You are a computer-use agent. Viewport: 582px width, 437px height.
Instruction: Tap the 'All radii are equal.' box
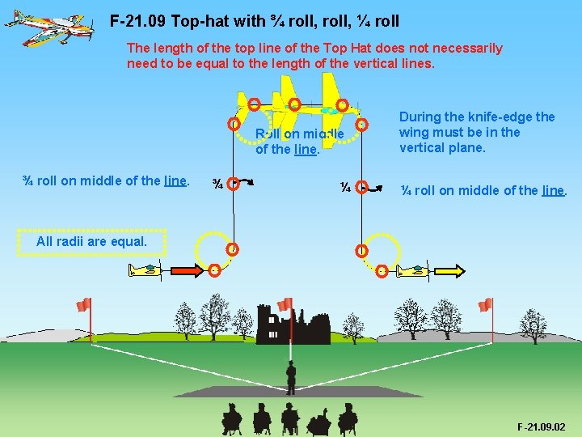tap(91, 242)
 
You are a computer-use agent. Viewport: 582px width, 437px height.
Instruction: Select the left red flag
tap(83, 305)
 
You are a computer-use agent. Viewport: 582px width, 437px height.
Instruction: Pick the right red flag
tap(485, 305)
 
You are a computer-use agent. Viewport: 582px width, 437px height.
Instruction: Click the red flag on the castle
tap(285, 305)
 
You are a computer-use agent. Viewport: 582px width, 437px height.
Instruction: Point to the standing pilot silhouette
tap(291, 377)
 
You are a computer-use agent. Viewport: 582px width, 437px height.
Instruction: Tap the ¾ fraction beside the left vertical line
tap(217, 184)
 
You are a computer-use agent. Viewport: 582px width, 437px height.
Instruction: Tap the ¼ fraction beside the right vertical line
tap(344, 187)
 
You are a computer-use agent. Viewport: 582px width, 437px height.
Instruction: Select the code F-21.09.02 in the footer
tap(541, 426)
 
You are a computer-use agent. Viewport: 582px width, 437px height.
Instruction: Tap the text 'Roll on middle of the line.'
tap(298, 141)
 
